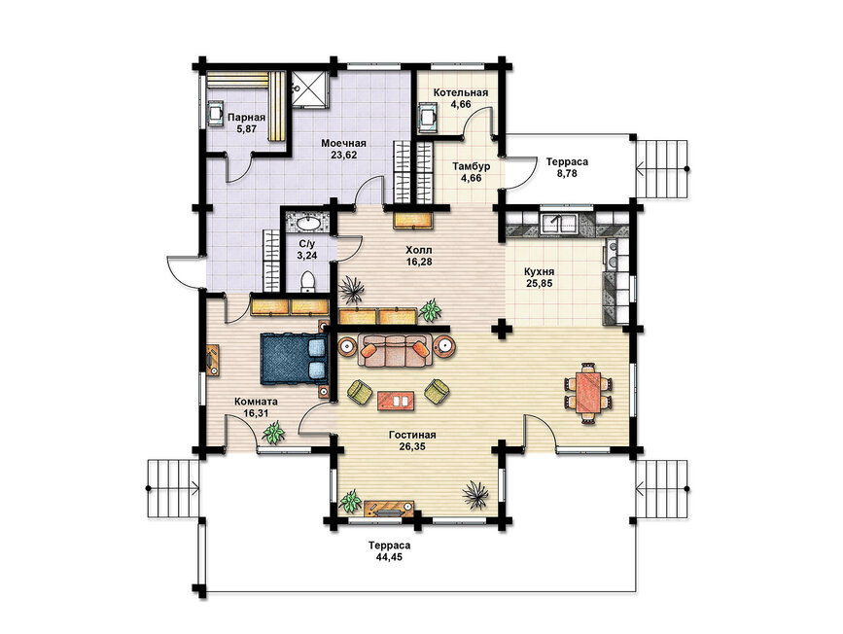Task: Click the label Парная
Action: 246,118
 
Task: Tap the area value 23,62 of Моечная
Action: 343,155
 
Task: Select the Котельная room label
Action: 461,92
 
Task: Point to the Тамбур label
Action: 471,166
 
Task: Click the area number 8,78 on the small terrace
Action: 567,173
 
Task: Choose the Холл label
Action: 419,251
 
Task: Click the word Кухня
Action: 539,271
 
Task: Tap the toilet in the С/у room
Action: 307,281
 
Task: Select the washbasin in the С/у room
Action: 308,222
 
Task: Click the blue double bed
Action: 295,358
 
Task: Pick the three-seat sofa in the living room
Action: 394,351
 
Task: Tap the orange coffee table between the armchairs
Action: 396,401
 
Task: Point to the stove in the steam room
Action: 216,114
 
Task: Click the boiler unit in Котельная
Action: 428,118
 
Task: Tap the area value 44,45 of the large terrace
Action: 389,557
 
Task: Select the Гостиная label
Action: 412,435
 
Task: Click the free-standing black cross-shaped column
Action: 502,329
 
